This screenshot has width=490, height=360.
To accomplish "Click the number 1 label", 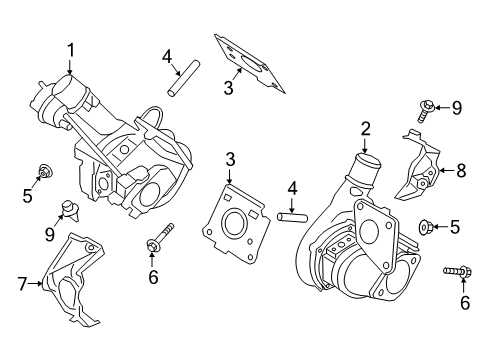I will [71, 49].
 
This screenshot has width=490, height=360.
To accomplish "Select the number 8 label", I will [461, 171].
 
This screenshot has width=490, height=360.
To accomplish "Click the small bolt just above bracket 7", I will [69, 208].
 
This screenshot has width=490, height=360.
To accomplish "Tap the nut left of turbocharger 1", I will [45, 172].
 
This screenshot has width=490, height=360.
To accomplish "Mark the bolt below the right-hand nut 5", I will [452, 270].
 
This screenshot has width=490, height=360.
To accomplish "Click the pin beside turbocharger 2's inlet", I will [290, 215].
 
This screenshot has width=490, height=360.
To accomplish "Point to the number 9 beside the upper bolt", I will [457, 107].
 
